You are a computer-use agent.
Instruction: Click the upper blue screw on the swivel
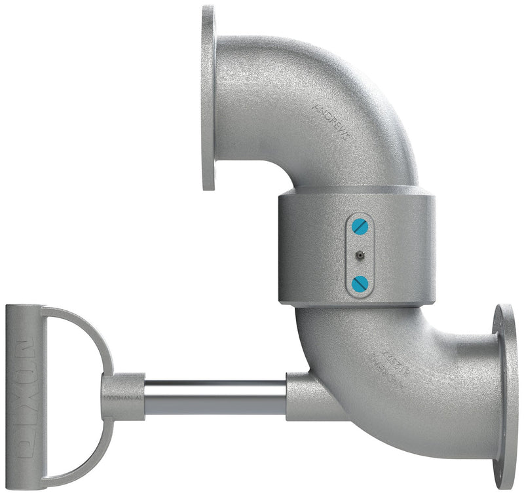(360, 226)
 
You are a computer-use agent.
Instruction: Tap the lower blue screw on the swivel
(359, 283)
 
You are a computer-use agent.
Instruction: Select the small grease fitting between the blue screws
(359, 255)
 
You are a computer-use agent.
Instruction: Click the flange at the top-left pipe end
(208, 98)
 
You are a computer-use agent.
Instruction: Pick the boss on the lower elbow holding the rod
(308, 396)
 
